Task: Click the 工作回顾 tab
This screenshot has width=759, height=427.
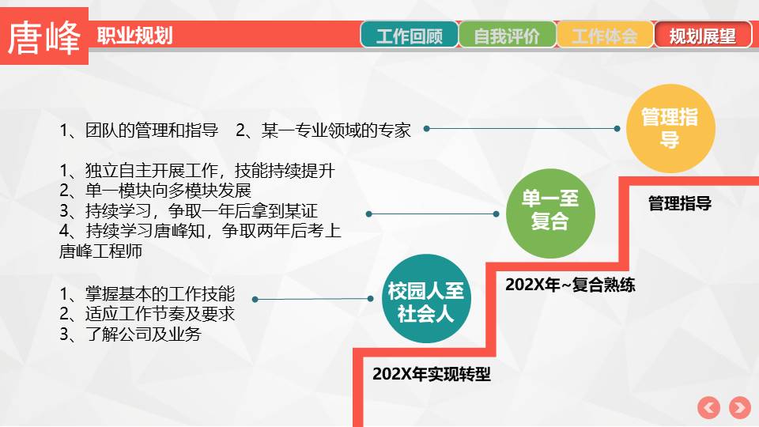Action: point(409,34)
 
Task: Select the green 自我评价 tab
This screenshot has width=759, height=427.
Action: point(507,34)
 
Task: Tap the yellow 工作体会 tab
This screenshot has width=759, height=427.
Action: point(605,34)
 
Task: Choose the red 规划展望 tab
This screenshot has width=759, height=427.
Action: point(703,34)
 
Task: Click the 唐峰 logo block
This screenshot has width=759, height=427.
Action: point(44,36)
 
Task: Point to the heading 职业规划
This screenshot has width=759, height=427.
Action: point(135,36)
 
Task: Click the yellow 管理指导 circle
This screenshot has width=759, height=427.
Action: point(670,128)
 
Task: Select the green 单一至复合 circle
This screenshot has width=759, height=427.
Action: point(550,213)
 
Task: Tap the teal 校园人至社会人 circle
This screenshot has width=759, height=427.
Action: point(426,299)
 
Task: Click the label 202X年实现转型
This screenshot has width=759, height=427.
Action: point(432,374)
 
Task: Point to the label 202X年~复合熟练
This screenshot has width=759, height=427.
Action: point(570,285)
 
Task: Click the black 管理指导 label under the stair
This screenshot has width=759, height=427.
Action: point(680,203)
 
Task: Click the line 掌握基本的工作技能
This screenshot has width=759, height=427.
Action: point(147,294)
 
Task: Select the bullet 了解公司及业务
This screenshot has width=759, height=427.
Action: point(130,334)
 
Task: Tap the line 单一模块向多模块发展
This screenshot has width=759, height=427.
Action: point(156,191)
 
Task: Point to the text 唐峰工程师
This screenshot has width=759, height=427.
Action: point(100,251)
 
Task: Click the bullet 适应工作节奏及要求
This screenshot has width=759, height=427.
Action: point(147,314)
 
